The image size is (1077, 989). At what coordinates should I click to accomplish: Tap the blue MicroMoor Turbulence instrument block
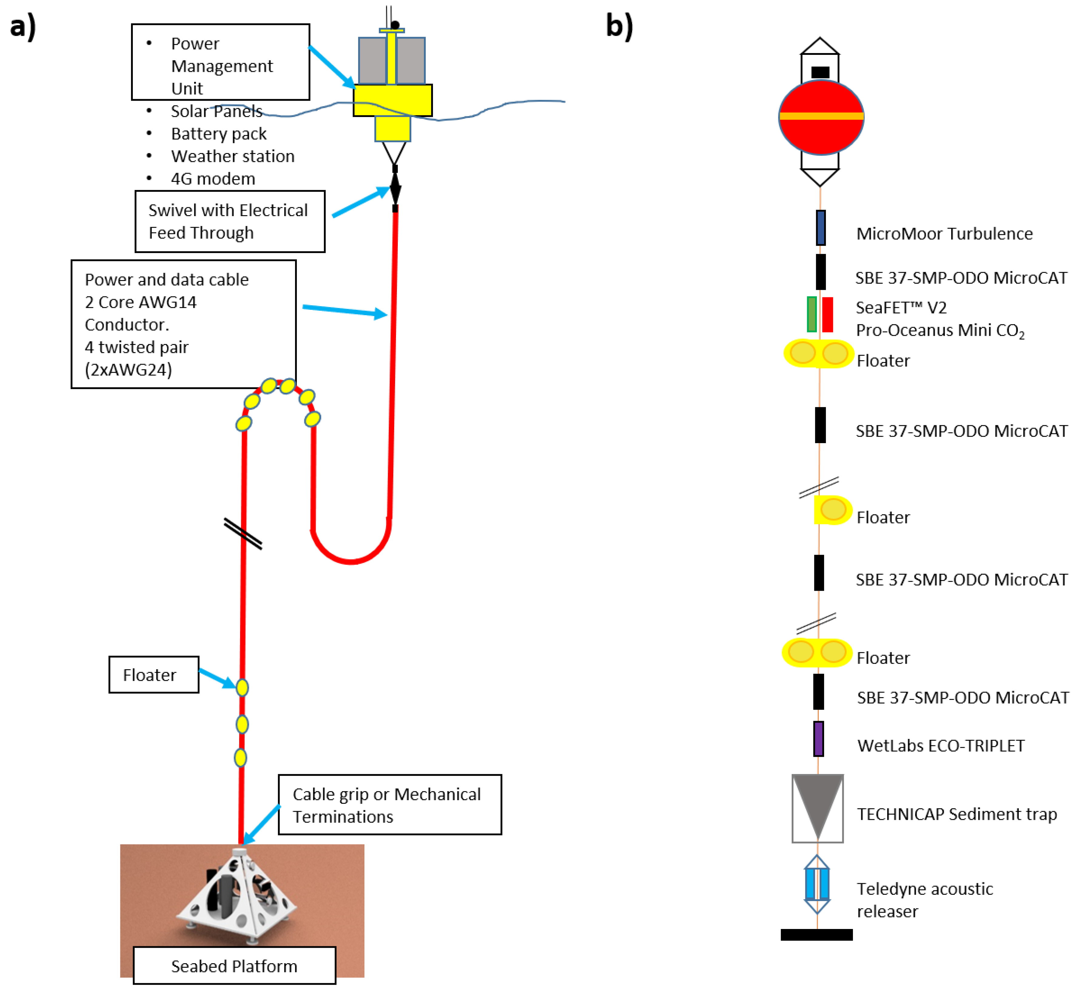pyautogui.click(x=820, y=227)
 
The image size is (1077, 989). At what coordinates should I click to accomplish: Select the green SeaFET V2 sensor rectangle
pyautogui.click(x=811, y=314)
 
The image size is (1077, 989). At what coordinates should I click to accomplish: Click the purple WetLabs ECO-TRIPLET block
pyautogui.click(x=818, y=739)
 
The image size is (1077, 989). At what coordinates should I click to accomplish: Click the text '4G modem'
pyautogui.click(x=213, y=179)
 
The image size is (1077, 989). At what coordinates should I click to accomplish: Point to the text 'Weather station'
pyautogui.click(x=233, y=156)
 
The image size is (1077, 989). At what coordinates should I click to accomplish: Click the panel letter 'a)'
pyautogui.click(x=23, y=26)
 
